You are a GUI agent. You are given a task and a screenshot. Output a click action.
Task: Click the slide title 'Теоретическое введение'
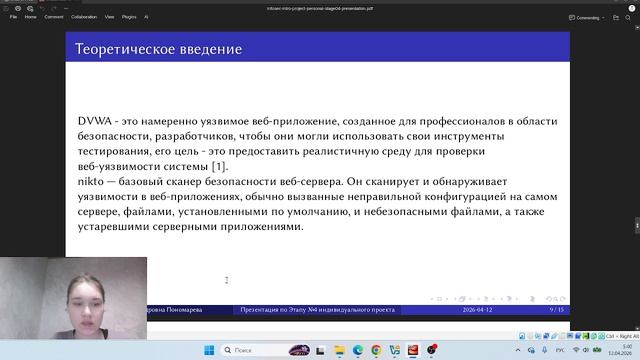tap(159, 49)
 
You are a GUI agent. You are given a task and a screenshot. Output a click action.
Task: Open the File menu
tap(14, 17)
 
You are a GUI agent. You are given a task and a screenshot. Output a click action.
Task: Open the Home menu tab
tap(31, 17)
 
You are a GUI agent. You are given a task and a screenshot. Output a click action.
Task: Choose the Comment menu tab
tap(54, 17)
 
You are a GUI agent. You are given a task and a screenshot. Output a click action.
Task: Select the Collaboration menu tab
tap(84, 17)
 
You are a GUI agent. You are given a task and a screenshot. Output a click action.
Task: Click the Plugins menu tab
tap(129, 17)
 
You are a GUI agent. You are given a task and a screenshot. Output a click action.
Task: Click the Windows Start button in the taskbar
tap(210, 351)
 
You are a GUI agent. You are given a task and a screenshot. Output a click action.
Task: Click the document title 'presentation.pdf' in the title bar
tap(319, 5)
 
